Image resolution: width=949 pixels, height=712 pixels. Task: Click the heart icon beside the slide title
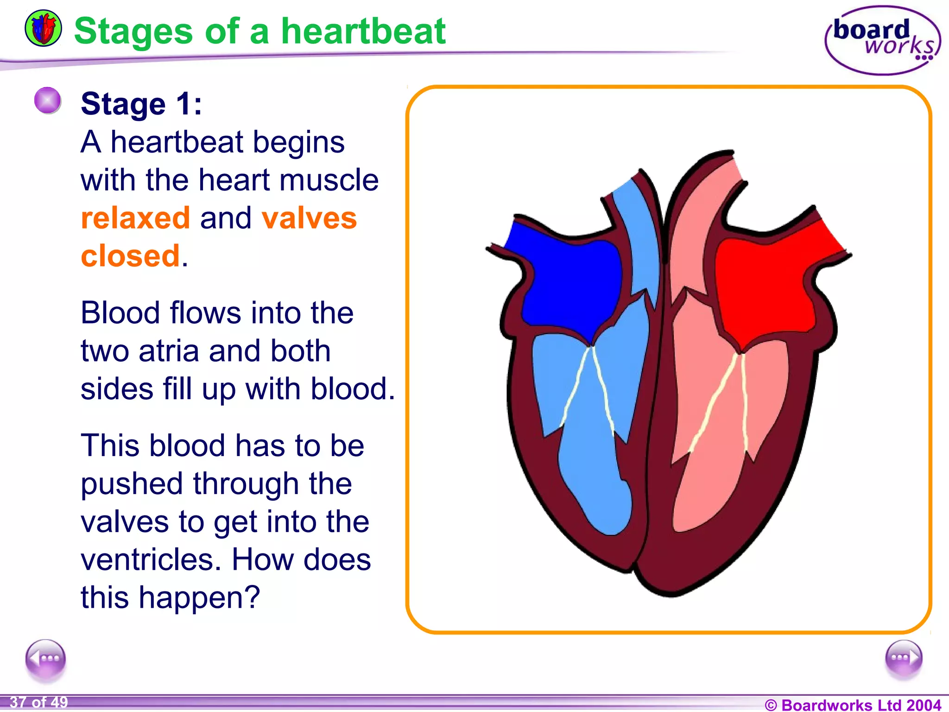coord(43,28)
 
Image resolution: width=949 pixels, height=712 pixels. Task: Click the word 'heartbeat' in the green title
coord(363,31)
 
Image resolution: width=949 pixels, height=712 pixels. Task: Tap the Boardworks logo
coord(882,40)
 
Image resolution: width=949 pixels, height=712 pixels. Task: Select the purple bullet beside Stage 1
coord(48,101)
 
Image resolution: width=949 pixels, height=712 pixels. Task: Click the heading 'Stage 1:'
coord(141,103)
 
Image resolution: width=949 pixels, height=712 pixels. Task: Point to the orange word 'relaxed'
coord(135,218)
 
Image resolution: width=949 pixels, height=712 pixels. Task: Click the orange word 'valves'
coord(309,218)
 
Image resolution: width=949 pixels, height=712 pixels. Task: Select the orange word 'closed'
coord(130,256)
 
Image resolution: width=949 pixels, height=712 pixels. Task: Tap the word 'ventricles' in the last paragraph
coord(148,559)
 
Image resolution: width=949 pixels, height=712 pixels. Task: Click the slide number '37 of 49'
coord(39,702)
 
